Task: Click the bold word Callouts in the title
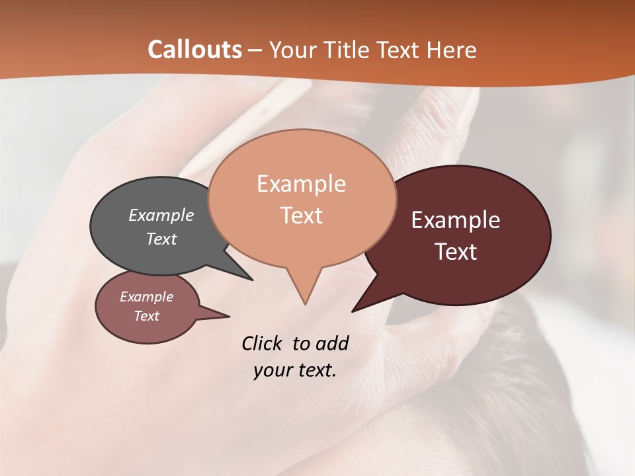tap(194, 50)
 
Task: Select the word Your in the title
tap(293, 50)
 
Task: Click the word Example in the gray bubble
tap(161, 215)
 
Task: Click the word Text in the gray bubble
tap(161, 239)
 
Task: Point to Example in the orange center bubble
tap(301, 184)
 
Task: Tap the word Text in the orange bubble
tap(301, 215)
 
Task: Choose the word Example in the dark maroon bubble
tap(456, 220)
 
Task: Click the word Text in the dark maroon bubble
tap(456, 251)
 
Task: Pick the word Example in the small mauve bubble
tap(146, 297)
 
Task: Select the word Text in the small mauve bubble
tap(146, 316)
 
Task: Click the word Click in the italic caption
tap(262, 343)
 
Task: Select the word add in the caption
tap(331, 343)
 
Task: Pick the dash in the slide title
tap(255, 50)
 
